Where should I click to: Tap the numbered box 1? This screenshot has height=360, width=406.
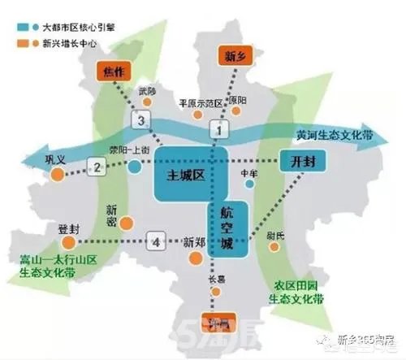click(217, 128)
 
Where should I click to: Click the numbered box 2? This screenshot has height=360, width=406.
click(97, 168)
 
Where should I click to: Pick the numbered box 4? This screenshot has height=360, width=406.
click(157, 241)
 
